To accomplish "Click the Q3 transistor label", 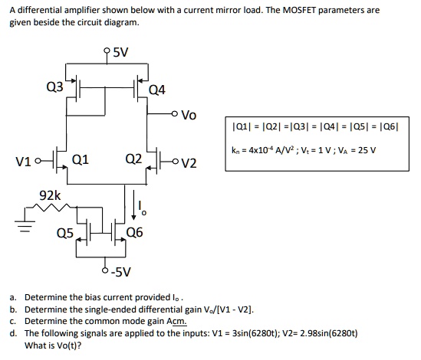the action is [54, 87].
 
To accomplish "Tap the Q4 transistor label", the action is [157, 90].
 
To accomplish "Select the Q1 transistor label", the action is [81, 160].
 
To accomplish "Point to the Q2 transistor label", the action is [133, 159].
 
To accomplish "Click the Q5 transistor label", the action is [65, 233].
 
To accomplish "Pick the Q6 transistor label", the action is [134, 233].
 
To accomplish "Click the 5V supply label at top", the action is [121, 52].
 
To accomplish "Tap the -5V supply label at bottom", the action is [121, 272].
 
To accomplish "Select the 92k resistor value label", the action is [50, 195].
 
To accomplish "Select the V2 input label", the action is [189, 163].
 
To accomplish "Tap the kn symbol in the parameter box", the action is [235, 150].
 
